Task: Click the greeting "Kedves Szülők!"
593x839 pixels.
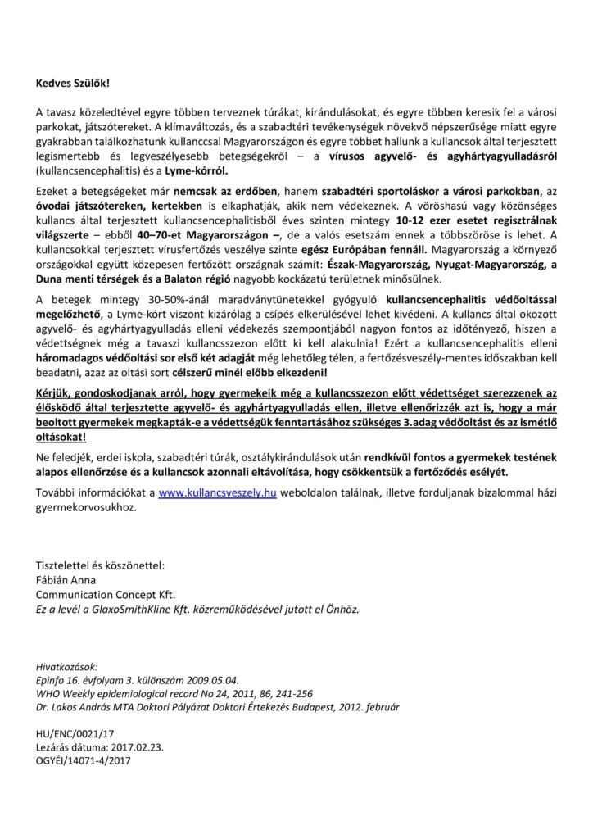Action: [x=71, y=84]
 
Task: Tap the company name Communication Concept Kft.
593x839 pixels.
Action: [x=106, y=594]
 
